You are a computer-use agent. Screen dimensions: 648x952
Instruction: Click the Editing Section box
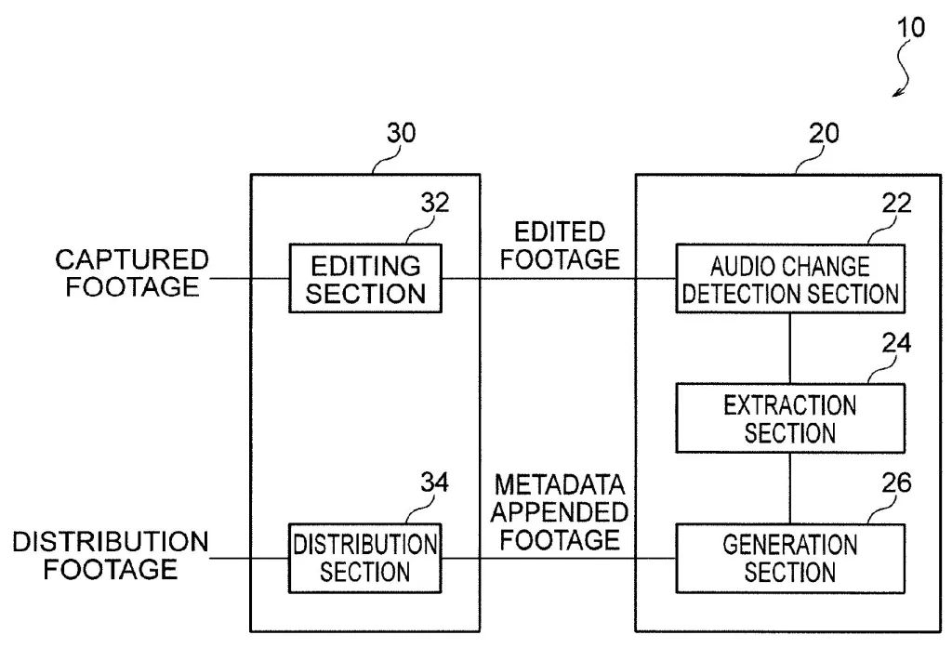(365, 279)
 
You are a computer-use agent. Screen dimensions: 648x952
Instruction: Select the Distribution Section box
(365, 558)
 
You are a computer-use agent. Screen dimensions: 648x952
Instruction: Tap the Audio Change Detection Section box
(789, 279)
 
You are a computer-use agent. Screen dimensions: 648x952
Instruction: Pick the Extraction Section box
(789, 418)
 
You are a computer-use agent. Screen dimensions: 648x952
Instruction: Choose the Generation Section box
(789, 558)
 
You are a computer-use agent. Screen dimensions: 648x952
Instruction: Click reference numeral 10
(911, 27)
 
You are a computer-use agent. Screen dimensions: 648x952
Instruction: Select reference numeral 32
(434, 203)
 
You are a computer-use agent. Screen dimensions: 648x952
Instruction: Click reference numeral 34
(434, 483)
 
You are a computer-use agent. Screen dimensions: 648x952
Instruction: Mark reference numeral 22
(896, 203)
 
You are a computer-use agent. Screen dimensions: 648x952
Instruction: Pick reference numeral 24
(896, 343)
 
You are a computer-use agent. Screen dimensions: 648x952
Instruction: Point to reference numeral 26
(896, 483)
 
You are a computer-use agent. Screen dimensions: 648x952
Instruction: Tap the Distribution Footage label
(111, 554)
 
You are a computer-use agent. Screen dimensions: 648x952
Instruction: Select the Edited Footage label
(559, 245)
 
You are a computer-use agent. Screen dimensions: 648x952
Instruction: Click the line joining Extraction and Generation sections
(789, 488)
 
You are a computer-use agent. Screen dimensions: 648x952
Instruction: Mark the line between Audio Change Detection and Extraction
(789, 348)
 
